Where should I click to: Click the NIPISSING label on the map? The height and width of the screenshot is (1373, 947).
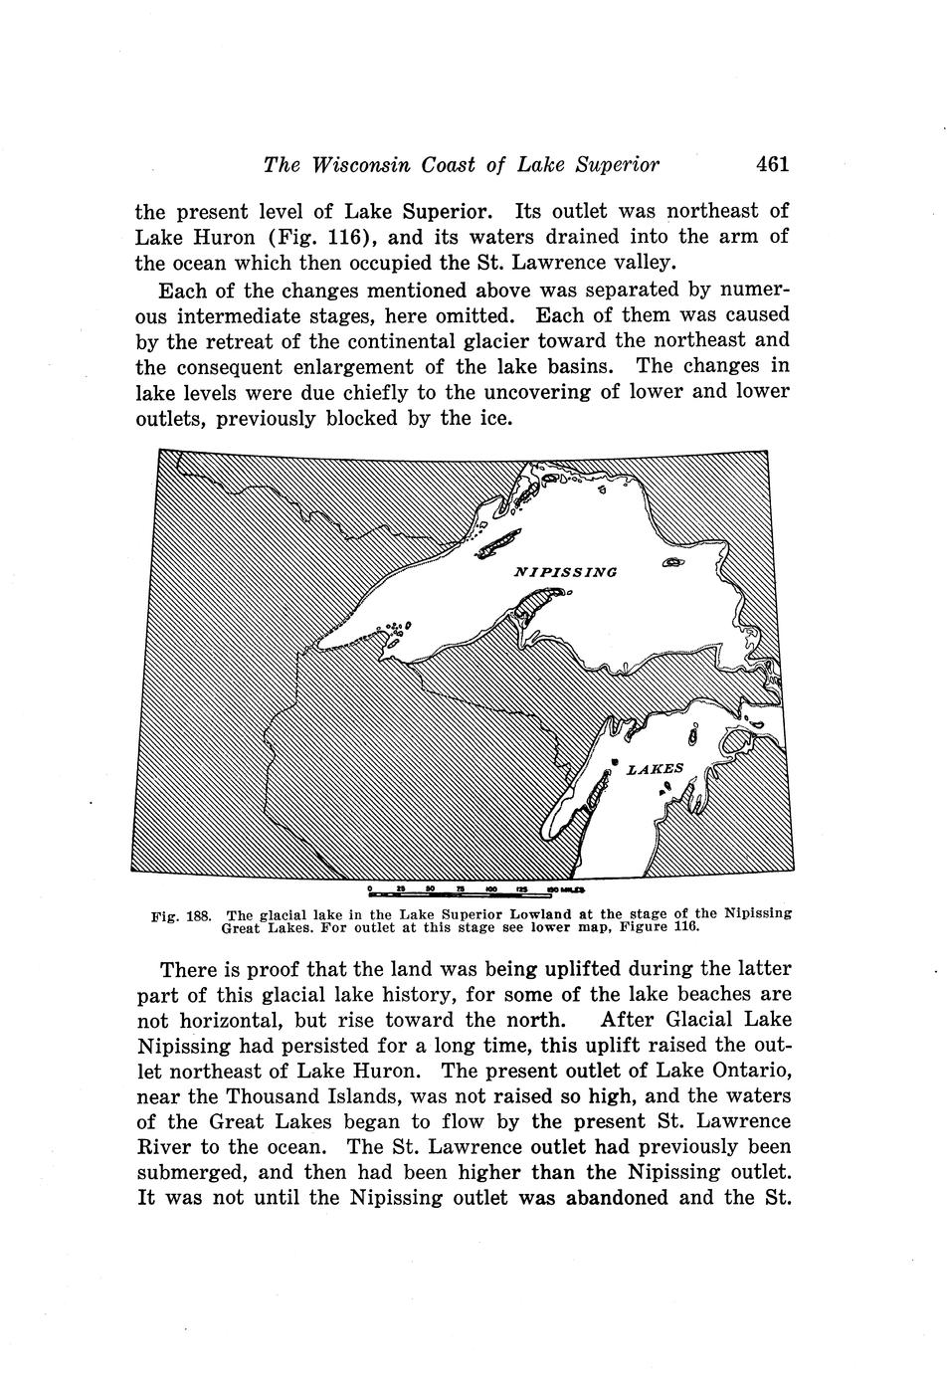(565, 572)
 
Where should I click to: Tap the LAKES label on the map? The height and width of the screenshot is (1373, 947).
(655, 768)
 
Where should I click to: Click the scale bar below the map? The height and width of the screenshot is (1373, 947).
(476, 888)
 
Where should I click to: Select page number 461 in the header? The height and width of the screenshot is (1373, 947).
(772, 164)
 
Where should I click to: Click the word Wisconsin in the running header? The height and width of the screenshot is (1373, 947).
(364, 165)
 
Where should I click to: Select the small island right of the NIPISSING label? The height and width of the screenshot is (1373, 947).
(672, 563)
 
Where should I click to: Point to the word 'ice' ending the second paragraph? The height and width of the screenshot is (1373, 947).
(494, 419)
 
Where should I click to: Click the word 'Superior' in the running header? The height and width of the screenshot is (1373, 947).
(619, 165)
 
